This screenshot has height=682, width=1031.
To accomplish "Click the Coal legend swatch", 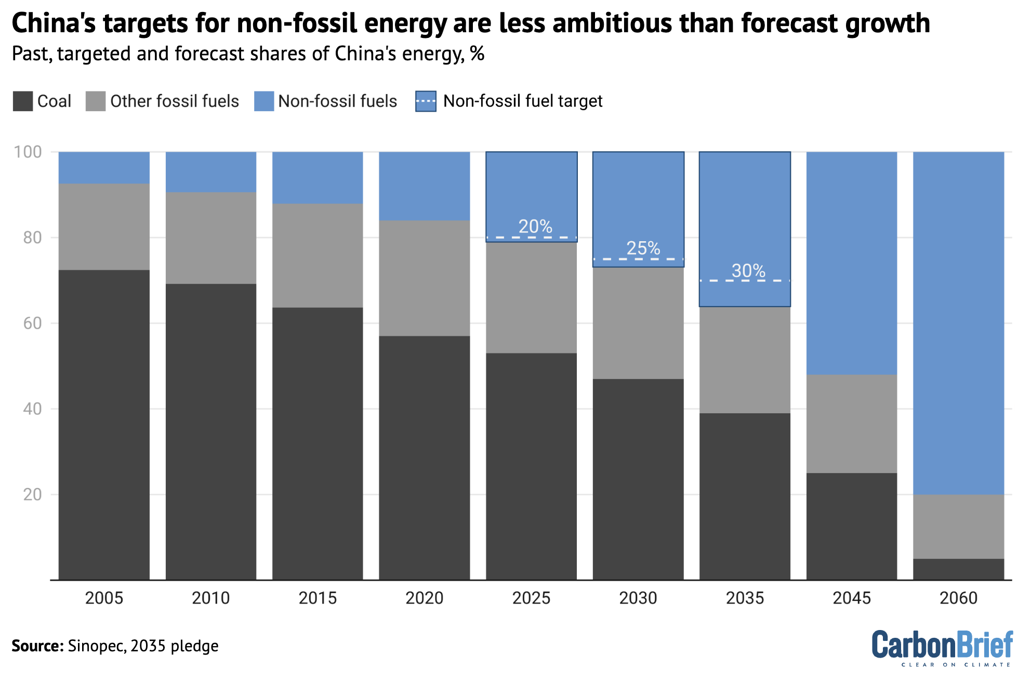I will pyautogui.click(x=22, y=101).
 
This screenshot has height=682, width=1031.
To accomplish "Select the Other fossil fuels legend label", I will pyautogui.click(x=174, y=101).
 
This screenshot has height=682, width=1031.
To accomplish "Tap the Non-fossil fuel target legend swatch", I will pyautogui.click(x=426, y=101).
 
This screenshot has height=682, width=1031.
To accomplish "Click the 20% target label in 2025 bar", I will pyautogui.click(x=535, y=227).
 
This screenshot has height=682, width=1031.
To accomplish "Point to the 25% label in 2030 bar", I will pyautogui.click(x=643, y=248).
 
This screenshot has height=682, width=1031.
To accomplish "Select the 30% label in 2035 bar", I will pyautogui.click(x=748, y=271).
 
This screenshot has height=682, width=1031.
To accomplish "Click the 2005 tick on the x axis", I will pyautogui.click(x=104, y=598).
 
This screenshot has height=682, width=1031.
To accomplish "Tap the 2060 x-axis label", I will pyautogui.click(x=958, y=598).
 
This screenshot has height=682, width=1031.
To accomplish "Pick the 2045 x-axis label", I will pyautogui.click(x=852, y=598).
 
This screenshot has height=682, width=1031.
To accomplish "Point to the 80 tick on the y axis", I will pyautogui.click(x=32, y=238).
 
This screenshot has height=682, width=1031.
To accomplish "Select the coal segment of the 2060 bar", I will pyautogui.click(x=958, y=569).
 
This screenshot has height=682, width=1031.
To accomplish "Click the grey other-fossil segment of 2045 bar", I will pyautogui.click(x=852, y=424).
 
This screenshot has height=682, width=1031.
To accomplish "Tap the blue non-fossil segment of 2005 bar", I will pyautogui.click(x=104, y=167).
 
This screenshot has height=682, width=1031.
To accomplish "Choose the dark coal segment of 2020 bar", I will pyautogui.click(x=425, y=457).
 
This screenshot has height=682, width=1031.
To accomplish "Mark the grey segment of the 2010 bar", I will pyautogui.click(x=211, y=238).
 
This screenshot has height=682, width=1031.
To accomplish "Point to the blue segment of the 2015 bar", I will pyautogui.click(x=318, y=177).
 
